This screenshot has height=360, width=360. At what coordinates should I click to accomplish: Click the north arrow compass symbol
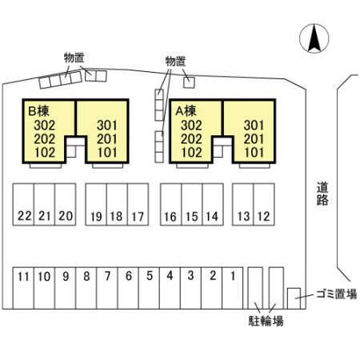[x=314, y=38]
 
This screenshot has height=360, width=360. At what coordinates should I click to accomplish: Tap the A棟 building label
[x=186, y=111]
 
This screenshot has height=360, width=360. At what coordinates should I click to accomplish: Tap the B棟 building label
[x=38, y=111]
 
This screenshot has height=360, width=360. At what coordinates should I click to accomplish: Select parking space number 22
[x=23, y=205]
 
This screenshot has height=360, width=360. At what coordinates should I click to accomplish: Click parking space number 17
[x=138, y=205]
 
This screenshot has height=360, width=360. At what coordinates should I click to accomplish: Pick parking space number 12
[x=264, y=205]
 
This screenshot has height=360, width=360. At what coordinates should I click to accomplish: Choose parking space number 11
[x=23, y=288]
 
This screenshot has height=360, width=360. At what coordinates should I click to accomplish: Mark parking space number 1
[x=233, y=288]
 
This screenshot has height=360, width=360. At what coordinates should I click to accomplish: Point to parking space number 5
[x=149, y=288]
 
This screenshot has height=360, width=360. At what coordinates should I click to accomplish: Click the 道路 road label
[x=322, y=194]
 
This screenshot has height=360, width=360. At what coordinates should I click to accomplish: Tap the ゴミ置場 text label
[x=337, y=294]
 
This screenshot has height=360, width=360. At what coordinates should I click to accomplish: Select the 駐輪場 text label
[x=266, y=321]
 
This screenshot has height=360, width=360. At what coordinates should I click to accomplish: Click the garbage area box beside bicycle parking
[x=294, y=298]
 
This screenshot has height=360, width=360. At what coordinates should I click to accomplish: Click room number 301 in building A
[x=254, y=126]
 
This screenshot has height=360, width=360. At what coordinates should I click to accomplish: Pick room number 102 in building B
[x=45, y=153]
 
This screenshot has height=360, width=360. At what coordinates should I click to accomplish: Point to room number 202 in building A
[x=191, y=139]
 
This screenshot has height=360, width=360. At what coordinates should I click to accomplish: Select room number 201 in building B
[x=107, y=139]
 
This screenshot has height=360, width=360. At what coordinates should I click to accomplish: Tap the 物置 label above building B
[x=74, y=58]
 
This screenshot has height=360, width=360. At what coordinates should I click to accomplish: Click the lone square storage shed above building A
[x=189, y=82]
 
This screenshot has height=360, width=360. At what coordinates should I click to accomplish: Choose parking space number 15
[x=192, y=205]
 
